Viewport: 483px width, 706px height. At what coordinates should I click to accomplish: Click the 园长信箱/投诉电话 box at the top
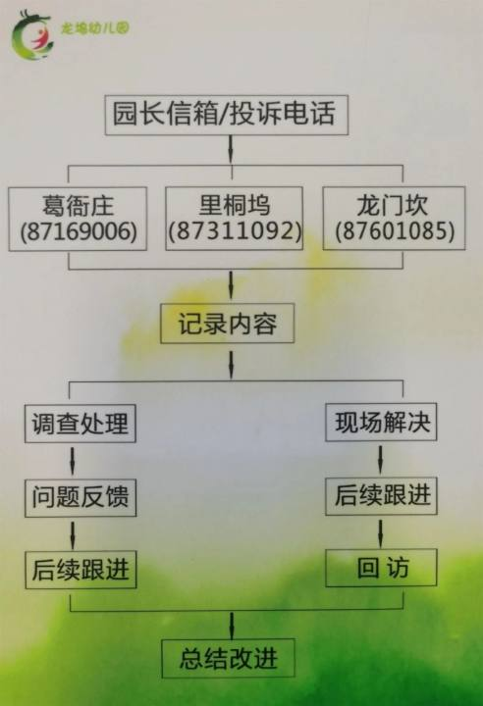pyautogui.click(x=227, y=115)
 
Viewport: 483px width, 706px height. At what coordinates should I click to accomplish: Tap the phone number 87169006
pyautogui.click(x=79, y=231)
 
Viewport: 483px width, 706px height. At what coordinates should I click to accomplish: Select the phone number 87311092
pyautogui.click(x=235, y=231)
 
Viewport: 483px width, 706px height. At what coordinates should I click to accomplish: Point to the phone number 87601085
pyautogui.click(x=395, y=231)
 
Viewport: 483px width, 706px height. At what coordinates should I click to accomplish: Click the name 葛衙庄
pyautogui.click(x=78, y=206)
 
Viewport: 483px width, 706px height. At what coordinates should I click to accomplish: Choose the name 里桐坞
pyautogui.click(x=235, y=205)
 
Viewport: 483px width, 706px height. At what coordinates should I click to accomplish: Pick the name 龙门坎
pyautogui.click(x=393, y=205)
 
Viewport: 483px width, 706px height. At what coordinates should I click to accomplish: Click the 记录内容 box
pyautogui.click(x=228, y=324)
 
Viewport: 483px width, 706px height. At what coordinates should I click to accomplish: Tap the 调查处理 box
pyautogui.click(x=80, y=424)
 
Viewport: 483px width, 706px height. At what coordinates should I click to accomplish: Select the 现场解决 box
pyautogui.click(x=381, y=422)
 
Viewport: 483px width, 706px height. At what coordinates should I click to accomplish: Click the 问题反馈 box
pyautogui.click(x=80, y=497)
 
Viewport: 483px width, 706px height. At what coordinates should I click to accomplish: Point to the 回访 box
pyautogui.click(x=381, y=568)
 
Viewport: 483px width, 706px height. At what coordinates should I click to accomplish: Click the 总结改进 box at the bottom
pyautogui.click(x=228, y=658)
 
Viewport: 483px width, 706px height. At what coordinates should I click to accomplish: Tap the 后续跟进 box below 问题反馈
pyautogui.click(x=80, y=570)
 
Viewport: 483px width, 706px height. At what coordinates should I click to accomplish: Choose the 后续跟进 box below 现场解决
pyautogui.click(x=381, y=495)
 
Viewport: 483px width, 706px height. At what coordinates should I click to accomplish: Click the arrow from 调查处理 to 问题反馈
pyautogui.click(x=73, y=461)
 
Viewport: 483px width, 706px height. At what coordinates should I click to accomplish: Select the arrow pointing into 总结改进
pyautogui.click(x=232, y=626)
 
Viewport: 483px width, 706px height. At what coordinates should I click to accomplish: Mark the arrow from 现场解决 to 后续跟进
pyautogui.click(x=380, y=459)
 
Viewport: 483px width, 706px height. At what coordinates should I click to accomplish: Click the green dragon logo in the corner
pyautogui.click(x=31, y=35)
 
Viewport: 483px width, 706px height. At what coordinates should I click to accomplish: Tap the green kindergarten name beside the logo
pyautogui.click(x=95, y=28)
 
